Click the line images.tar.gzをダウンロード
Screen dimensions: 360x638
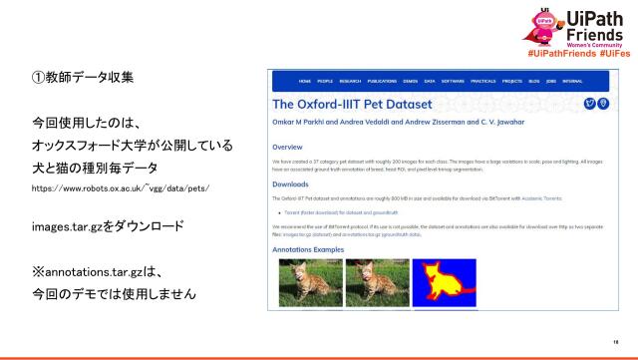(x=111, y=226)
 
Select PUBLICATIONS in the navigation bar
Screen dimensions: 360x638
(x=381, y=81)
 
